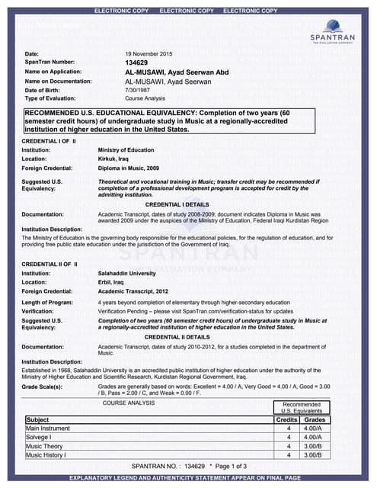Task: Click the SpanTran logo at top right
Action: (333, 33)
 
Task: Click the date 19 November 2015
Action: (149, 54)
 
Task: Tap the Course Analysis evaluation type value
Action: (145, 98)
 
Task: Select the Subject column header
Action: (38, 420)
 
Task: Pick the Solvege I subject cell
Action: (40, 438)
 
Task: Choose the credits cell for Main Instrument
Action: (289, 429)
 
